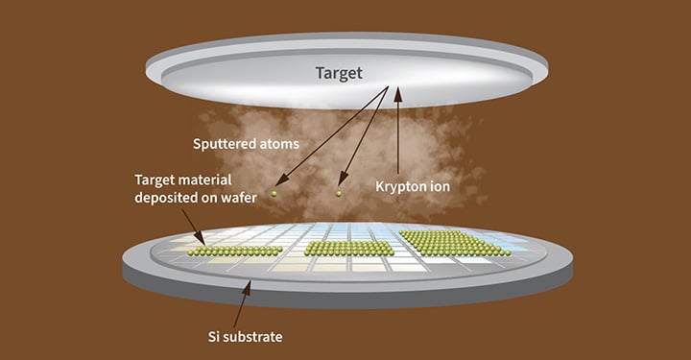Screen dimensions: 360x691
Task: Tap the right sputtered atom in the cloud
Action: click(x=338, y=195)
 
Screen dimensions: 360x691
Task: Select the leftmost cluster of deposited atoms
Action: click(x=234, y=252)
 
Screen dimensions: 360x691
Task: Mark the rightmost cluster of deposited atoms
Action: click(x=453, y=243)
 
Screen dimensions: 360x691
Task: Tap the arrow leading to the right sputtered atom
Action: click(x=365, y=139)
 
